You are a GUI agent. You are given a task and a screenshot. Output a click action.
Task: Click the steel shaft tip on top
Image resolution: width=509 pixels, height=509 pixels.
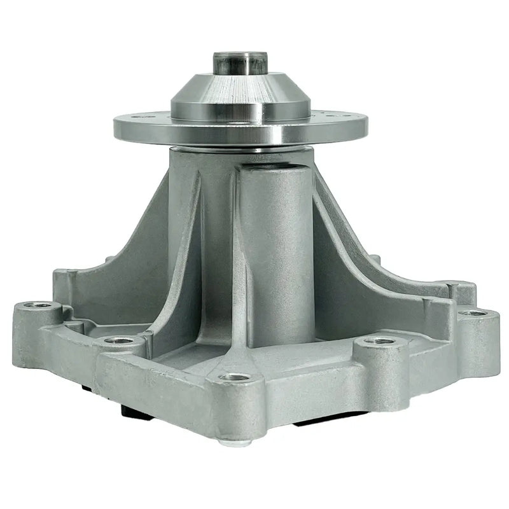click(239, 63)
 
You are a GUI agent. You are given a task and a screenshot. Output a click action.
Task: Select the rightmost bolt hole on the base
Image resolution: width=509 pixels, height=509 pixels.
click(471, 312)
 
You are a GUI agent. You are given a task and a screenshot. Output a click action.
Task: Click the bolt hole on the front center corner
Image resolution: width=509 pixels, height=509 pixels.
click(234, 377)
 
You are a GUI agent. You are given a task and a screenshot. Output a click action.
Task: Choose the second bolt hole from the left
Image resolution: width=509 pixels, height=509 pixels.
click(119, 340)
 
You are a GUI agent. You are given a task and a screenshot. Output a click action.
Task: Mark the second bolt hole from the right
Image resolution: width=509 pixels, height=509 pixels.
click(380, 340)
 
